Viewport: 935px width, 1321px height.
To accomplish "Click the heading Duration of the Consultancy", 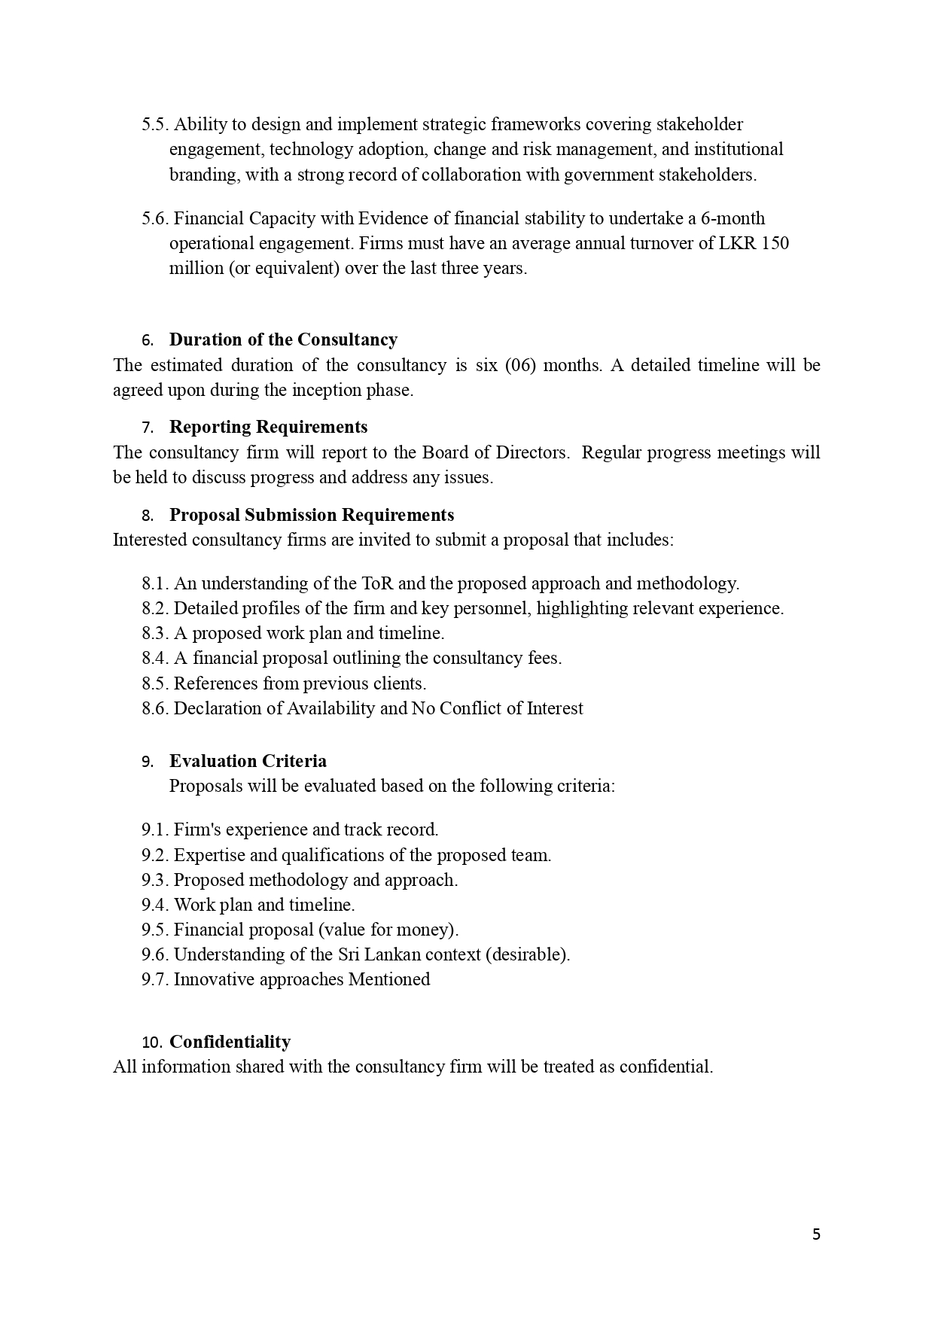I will (x=283, y=339).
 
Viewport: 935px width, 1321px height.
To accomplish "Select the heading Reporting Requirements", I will (x=268, y=427).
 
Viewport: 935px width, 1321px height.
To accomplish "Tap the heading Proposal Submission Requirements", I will (x=312, y=515).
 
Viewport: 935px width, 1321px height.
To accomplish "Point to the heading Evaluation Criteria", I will (x=248, y=761).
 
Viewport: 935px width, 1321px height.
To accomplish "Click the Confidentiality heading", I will (x=230, y=1042).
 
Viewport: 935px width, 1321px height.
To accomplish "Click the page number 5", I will (x=817, y=1234).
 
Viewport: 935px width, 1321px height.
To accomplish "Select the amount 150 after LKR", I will (x=775, y=243).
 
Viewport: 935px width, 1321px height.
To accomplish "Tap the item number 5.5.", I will (x=155, y=124).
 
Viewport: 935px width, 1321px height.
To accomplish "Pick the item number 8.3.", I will (x=155, y=633).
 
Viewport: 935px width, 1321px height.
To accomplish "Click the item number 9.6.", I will (x=155, y=954).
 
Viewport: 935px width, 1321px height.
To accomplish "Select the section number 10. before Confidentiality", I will (x=152, y=1042).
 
